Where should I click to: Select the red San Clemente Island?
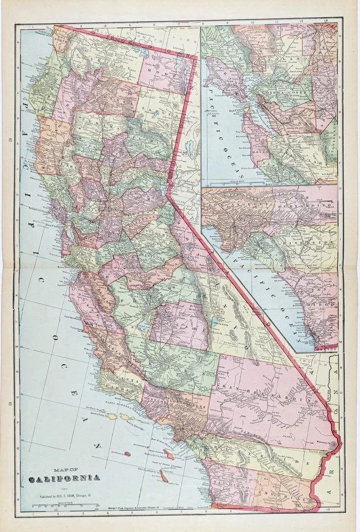pyautogui.click(x=163, y=475)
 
